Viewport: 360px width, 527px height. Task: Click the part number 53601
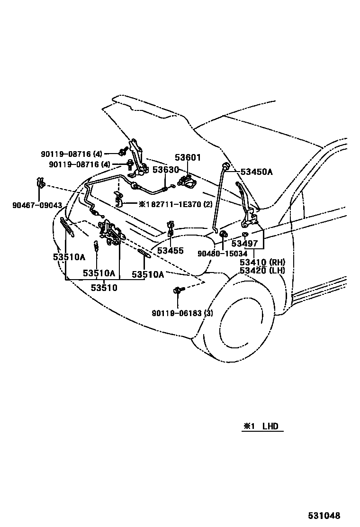click(x=188, y=157)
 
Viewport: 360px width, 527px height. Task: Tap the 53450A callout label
click(x=257, y=172)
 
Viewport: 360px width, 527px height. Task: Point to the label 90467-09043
click(x=37, y=205)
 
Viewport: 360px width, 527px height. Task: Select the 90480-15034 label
click(x=223, y=254)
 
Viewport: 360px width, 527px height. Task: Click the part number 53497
click(x=245, y=244)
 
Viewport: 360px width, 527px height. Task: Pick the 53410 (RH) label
click(x=261, y=262)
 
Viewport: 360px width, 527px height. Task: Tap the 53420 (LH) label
click(x=261, y=271)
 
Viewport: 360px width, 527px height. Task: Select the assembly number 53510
click(x=104, y=287)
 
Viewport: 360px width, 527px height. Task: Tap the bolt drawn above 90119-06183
click(x=178, y=290)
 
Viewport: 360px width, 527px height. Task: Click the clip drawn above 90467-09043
click(x=41, y=183)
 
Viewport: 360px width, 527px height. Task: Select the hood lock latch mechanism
click(x=110, y=234)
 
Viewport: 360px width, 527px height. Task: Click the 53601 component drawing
click(x=187, y=180)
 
